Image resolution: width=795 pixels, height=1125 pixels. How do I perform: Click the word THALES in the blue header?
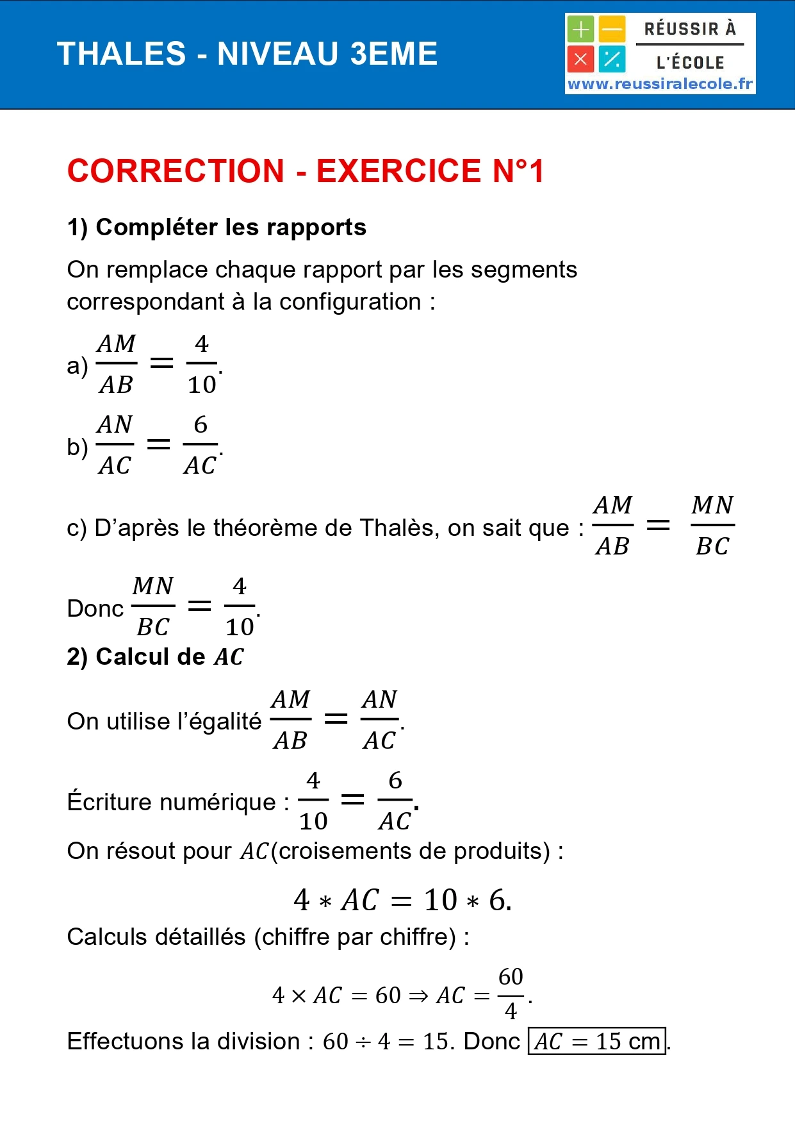pos(121,54)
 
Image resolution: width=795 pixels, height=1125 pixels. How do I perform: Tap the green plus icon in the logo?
pos(580,29)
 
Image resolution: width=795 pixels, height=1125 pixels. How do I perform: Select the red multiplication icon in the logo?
pos(580,60)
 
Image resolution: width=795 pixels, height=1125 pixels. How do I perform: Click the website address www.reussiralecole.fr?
pos(660,84)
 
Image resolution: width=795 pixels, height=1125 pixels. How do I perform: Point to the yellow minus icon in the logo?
pos(612,29)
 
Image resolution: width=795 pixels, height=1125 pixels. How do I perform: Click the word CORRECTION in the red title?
pos(176,171)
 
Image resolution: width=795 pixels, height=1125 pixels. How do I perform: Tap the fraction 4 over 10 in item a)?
pos(202,364)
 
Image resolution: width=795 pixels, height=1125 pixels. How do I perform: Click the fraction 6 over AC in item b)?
pos(201,445)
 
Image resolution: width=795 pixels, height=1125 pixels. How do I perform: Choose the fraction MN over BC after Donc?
pos(153,606)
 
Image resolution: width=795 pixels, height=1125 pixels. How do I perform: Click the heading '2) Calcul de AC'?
pos(155,657)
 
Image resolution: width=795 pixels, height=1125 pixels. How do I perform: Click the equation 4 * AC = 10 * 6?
pos(402,900)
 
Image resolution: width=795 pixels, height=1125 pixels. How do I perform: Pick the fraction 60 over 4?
pos(511,994)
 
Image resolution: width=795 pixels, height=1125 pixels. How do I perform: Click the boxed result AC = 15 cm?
pos(596,1041)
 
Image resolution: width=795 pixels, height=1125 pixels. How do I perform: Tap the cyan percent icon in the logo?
pos(612,60)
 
